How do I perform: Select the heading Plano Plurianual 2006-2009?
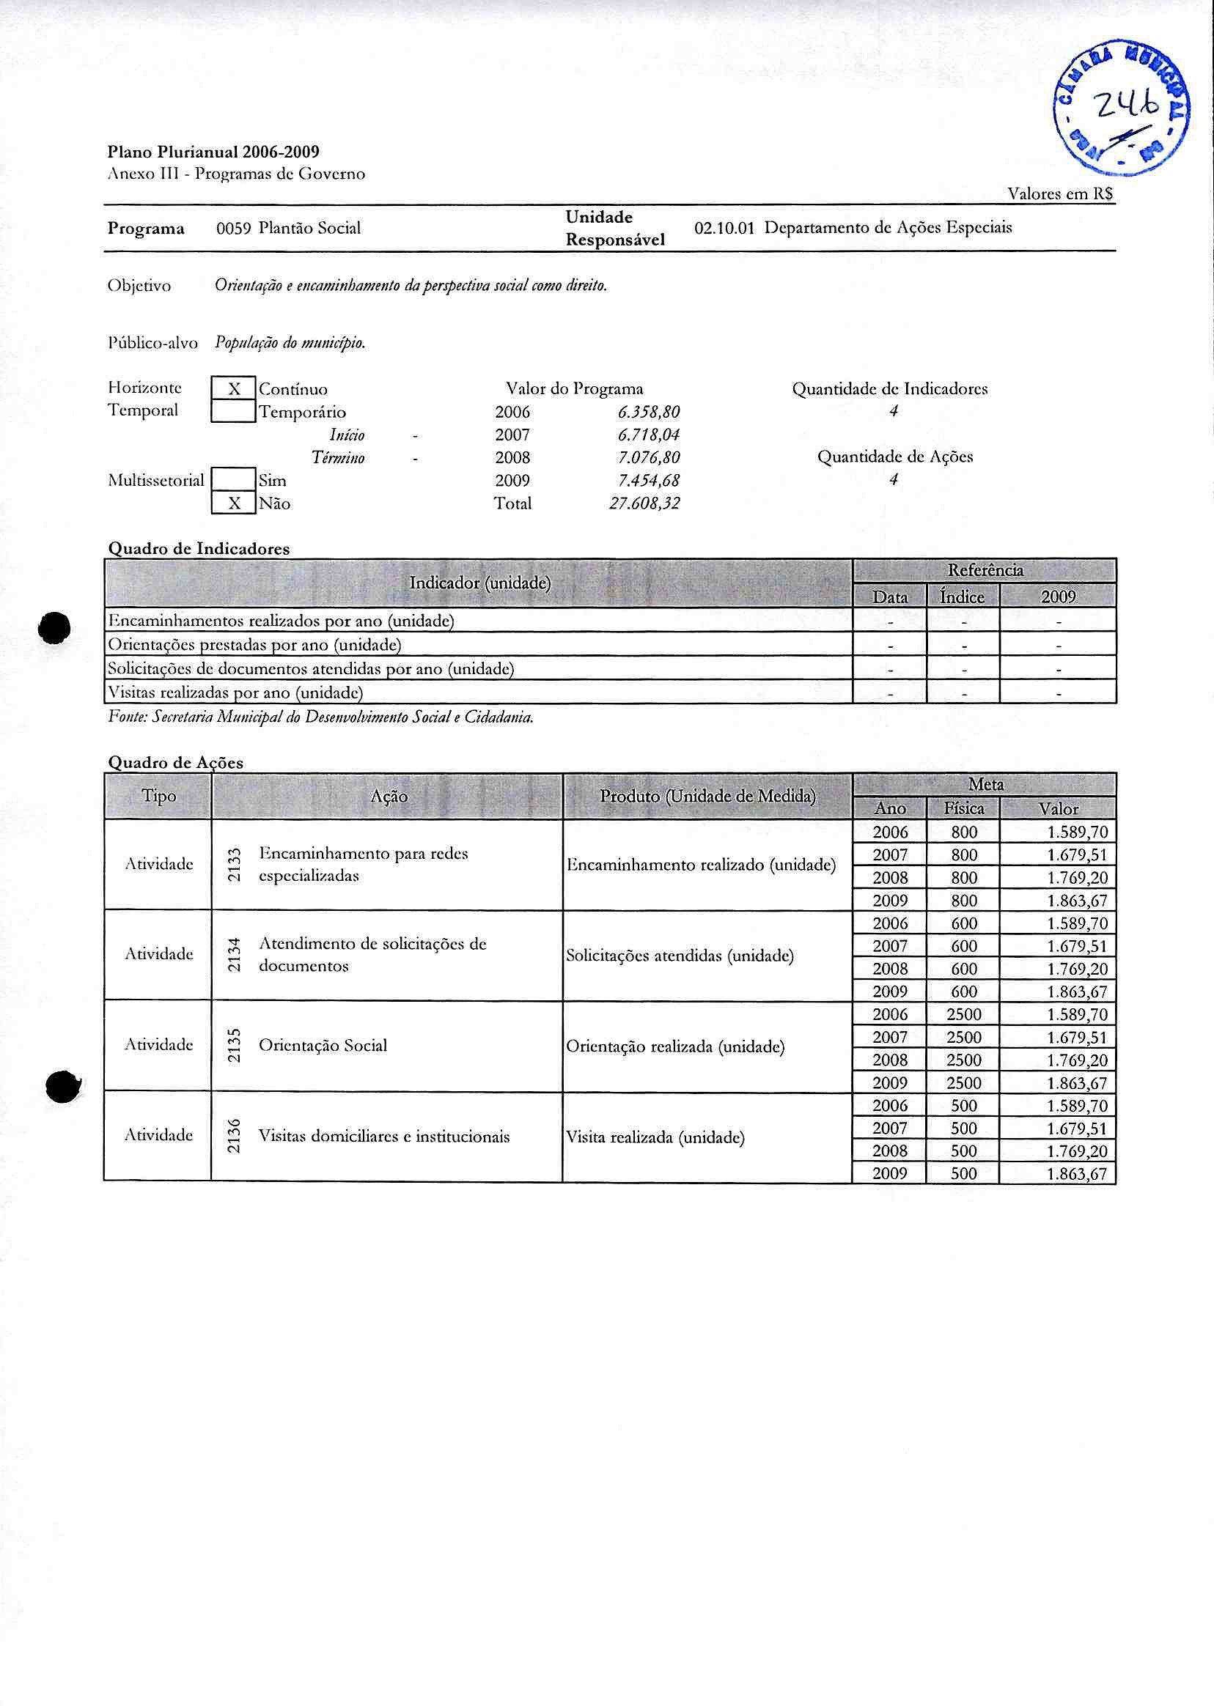[x=214, y=152]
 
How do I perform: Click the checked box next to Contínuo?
[x=234, y=389]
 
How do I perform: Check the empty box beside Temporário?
[x=234, y=412]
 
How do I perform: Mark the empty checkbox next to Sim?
[x=234, y=480]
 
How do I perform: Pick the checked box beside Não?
[x=234, y=503]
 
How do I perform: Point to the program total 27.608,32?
[x=644, y=503]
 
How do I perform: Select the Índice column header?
[x=963, y=597]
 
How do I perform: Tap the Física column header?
[x=963, y=808]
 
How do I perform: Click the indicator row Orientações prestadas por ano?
[x=255, y=645]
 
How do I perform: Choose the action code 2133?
[x=234, y=865]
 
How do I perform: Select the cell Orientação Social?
[x=323, y=1046]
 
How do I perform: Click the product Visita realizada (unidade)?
[x=655, y=1137]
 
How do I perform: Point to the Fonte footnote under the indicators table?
[x=321, y=718]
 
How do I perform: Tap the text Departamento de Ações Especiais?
[x=888, y=228]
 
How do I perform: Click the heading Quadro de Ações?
[x=176, y=763]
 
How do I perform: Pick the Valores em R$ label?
[x=1060, y=194]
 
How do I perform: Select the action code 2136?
[x=234, y=1136]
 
